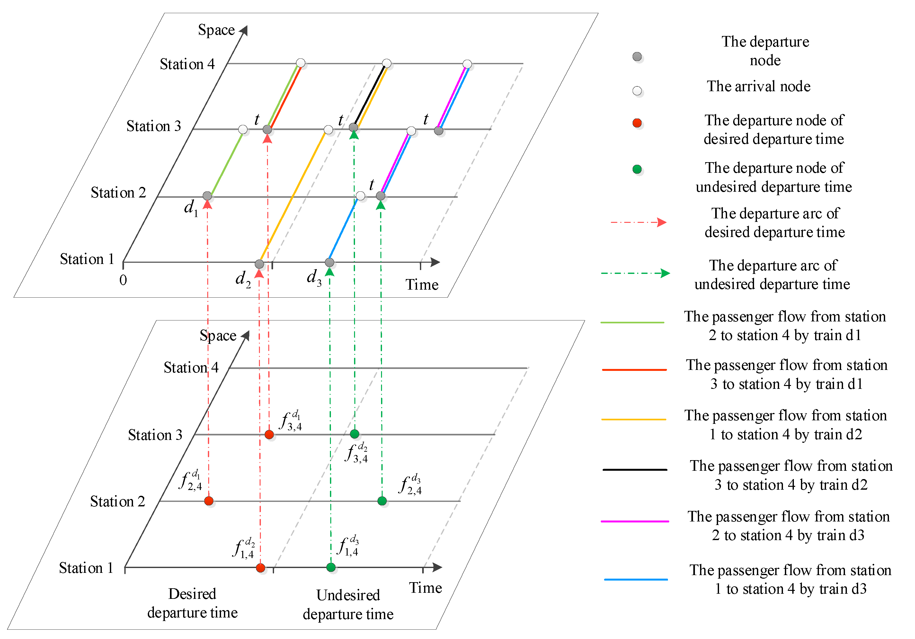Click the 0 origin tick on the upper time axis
[123, 280]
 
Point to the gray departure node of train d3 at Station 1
[330, 262]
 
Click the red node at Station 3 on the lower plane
[270, 434]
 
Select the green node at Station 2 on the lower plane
[382, 501]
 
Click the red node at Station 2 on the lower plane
[209, 501]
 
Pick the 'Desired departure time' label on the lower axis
[192, 603]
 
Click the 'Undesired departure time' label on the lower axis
[348, 604]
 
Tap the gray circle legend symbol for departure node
[637, 57]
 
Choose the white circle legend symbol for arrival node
[637, 91]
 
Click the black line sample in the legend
[635, 470]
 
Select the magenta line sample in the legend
[635, 521]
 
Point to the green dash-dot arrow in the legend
[635, 273]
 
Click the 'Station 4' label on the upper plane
[187, 64]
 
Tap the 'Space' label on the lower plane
[218, 336]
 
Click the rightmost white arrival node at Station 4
[467, 64]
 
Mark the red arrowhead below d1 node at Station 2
[207, 204]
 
